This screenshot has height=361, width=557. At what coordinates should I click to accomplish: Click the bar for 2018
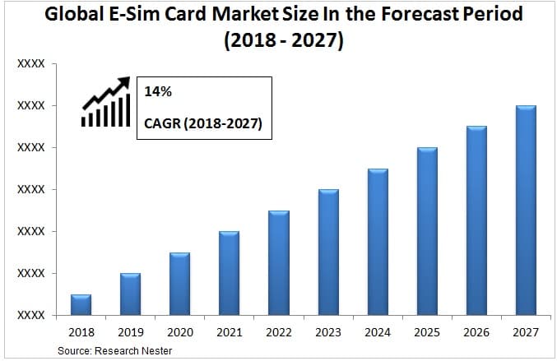(x=81, y=304)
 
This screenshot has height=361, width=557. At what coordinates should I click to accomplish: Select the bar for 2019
(x=130, y=294)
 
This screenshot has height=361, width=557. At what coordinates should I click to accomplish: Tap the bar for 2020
(x=179, y=284)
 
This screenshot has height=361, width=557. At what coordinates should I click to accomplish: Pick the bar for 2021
(x=229, y=273)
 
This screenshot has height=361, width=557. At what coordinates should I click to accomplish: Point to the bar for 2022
(x=278, y=262)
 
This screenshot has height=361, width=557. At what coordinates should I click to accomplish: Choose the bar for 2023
(x=328, y=252)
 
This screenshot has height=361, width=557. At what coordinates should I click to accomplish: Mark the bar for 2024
(x=378, y=242)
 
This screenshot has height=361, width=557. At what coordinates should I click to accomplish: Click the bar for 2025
(x=427, y=231)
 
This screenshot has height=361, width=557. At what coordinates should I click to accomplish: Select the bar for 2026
(x=476, y=220)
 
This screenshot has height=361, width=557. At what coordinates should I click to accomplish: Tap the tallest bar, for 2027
(x=526, y=210)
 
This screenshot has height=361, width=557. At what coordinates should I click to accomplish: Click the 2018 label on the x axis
(x=81, y=333)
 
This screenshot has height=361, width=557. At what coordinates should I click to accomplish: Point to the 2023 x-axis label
(x=328, y=333)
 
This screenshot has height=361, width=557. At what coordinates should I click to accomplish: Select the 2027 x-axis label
(x=526, y=333)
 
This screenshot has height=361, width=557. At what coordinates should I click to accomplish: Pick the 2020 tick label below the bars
(x=179, y=333)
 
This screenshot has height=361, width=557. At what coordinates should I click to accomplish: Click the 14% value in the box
(x=158, y=92)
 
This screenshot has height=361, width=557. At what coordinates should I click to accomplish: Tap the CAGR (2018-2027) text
(x=202, y=124)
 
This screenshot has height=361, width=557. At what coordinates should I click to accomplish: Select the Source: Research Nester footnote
(x=114, y=351)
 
